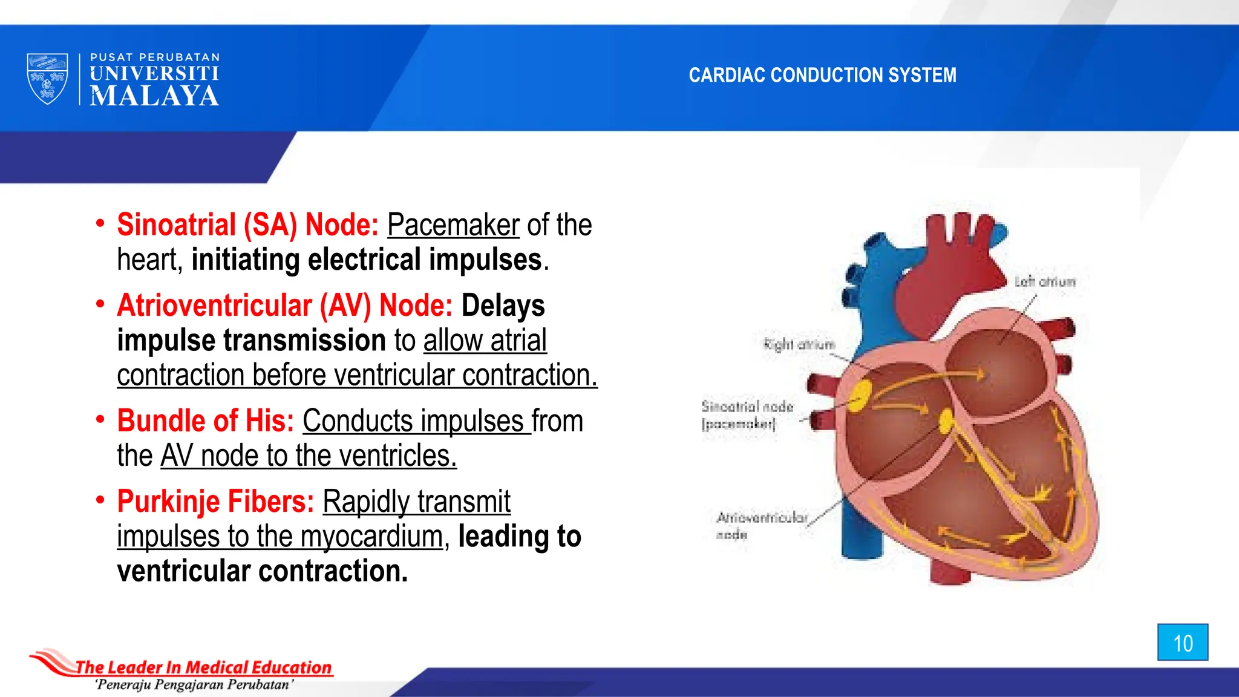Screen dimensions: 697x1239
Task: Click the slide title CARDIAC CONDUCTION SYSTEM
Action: [822, 75]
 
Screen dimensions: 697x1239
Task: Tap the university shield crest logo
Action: [47, 79]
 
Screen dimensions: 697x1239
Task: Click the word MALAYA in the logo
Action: [154, 96]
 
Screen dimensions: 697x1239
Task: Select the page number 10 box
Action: [1183, 643]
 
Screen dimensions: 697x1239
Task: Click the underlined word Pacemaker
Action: [453, 225]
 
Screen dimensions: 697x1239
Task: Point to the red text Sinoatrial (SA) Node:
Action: [247, 225]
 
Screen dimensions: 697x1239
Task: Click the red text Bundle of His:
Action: [205, 420]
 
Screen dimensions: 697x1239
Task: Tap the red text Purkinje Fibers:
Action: [215, 502]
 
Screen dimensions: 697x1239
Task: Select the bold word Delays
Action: [503, 306]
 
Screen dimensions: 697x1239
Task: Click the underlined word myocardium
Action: [371, 537]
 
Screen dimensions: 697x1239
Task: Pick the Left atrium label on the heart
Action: [1045, 282]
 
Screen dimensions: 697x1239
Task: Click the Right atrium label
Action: [799, 345]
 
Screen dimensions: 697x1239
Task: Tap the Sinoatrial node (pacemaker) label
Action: [747, 414]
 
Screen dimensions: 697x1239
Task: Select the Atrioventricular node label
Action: [761, 525]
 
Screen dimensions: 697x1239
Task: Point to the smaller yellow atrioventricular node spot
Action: [946, 421]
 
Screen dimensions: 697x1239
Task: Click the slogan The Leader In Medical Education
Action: [203, 667]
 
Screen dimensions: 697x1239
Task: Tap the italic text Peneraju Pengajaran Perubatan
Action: [194, 685]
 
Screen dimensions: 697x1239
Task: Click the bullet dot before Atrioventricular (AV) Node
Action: [100, 304]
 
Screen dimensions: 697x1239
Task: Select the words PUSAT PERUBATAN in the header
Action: [155, 57]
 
